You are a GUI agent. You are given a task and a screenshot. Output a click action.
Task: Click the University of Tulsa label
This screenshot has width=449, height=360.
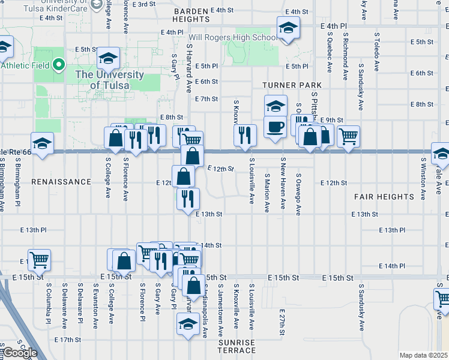click(x=109, y=80)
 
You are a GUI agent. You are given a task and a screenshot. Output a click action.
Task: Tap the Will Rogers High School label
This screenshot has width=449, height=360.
click(x=240, y=38)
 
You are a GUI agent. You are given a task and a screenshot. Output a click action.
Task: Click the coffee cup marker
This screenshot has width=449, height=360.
click(x=275, y=127)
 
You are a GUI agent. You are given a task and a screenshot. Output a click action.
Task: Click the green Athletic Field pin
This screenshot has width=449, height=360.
click(x=58, y=64)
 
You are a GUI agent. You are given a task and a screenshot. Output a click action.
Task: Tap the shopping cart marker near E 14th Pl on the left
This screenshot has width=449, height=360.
click(x=39, y=260)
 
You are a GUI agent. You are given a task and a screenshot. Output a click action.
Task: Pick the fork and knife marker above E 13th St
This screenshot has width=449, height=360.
click(x=188, y=197)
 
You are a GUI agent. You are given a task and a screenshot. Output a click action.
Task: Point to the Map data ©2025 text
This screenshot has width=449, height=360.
click(x=424, y=355)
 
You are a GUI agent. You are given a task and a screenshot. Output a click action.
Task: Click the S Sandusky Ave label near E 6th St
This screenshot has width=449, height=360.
click(x=361, y=88)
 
